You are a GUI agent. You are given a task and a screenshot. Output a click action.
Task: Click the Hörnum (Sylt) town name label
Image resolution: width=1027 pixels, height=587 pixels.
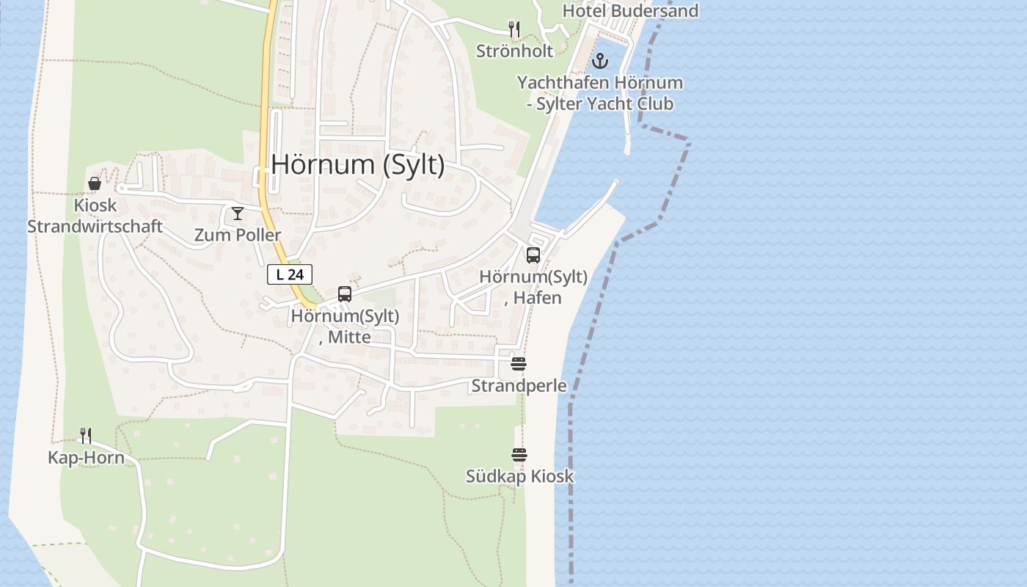click(x=358, y=164)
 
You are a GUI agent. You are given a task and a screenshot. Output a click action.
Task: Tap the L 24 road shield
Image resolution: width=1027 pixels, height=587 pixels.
click(x=290, y=274)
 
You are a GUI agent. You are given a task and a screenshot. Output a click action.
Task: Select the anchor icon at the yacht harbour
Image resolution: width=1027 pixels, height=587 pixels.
click(x=601, y=61)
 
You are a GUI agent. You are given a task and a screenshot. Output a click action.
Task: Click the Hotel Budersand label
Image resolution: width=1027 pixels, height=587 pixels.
click(x=630, y=11)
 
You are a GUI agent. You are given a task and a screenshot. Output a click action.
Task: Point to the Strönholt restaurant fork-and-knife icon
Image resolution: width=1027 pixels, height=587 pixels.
click(x=514, y=29)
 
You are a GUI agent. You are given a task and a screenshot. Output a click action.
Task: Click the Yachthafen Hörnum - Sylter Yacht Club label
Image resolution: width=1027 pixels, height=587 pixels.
click(x=600, y=93)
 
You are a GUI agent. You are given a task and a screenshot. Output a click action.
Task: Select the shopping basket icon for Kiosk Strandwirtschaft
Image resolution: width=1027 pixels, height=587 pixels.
click(x=95, y=183)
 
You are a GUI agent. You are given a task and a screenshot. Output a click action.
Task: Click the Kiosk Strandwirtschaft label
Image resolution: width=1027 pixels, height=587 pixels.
click(x=95, y=216)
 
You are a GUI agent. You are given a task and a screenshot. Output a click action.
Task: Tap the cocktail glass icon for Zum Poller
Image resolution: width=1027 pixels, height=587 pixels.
click(x=238, y=214)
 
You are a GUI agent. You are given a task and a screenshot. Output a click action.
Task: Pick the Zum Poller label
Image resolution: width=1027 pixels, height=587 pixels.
click(x=238, y=235)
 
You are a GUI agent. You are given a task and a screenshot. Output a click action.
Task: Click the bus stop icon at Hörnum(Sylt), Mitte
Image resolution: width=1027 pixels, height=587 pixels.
click(x=345, y=294)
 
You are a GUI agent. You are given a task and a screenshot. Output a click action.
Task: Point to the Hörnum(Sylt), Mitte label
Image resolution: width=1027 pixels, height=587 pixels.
click(x=345, y=327)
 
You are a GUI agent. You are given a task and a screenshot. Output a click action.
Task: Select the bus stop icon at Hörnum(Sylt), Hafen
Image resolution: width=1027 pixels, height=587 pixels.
click(x=533, y=255)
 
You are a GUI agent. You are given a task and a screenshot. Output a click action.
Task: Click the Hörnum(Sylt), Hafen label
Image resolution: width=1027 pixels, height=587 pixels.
click(x=533, y=287)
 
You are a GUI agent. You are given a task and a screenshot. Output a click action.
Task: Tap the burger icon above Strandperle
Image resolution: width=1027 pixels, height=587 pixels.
click(x=519, y=364)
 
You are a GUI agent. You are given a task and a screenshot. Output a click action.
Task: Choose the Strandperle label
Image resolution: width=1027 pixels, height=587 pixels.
click(x=519, y=386)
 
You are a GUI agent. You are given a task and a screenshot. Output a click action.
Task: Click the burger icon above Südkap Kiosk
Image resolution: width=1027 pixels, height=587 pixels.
click(x=519, y=455)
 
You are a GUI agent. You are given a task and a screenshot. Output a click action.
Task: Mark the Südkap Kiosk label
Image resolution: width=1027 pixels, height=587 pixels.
click(x=519, y=476)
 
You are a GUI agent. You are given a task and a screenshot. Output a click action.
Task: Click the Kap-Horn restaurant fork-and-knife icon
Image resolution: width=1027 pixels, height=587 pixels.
click(x=86, y=436)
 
